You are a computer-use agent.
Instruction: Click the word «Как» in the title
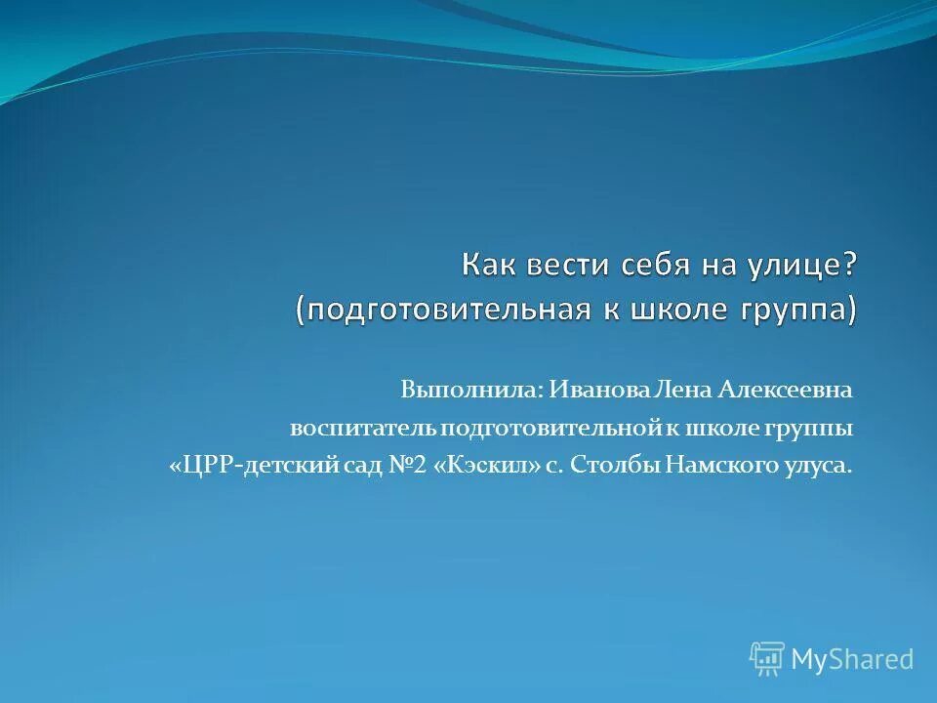(491, 266)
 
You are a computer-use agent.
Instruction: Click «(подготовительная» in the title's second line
(444, 310)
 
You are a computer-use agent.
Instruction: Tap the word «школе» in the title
(682, 310)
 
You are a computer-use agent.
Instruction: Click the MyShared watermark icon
(767, 659)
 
